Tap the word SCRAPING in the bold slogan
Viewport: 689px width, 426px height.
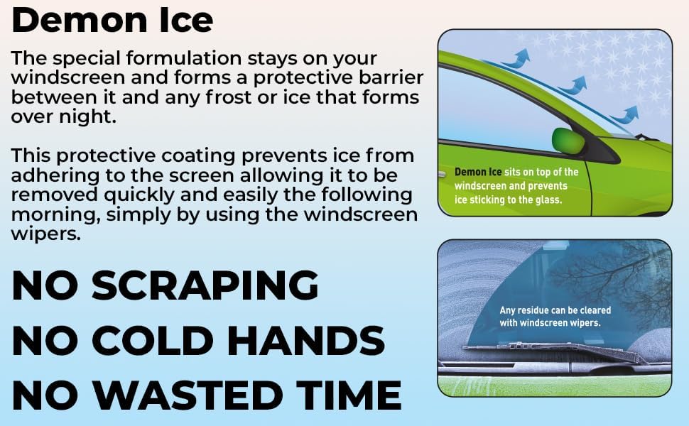point(205,286)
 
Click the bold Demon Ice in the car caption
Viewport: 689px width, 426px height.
point(478,173)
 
